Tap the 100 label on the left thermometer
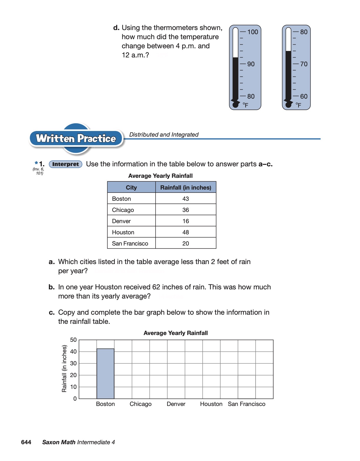click(x=252, y=32)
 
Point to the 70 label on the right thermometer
click(x=304, y=64)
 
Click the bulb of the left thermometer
click(x=235, y=104)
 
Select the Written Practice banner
click(x=76, y=138)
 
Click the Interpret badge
click(x=65, y=164)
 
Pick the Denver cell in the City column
click(x=121, y=221)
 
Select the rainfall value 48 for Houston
click(x=186, y=232)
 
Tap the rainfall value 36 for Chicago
click(x=186, y=210)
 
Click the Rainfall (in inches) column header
click(x=186, y=188)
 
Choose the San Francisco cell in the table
click(x=130, y=243)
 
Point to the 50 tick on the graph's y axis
click(x=73, y=340)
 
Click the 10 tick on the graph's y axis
click(x=73, y=387)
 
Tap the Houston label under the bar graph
click(x=211, y=404)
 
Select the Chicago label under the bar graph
click(x=141, y=404)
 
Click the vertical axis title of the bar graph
click(x=64, y=369)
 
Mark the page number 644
click(x=26, y=442)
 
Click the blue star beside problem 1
click(x=36, y=163)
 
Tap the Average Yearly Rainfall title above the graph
click(x=176, y=333)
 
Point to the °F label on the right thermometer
click(x=298, y=105)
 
